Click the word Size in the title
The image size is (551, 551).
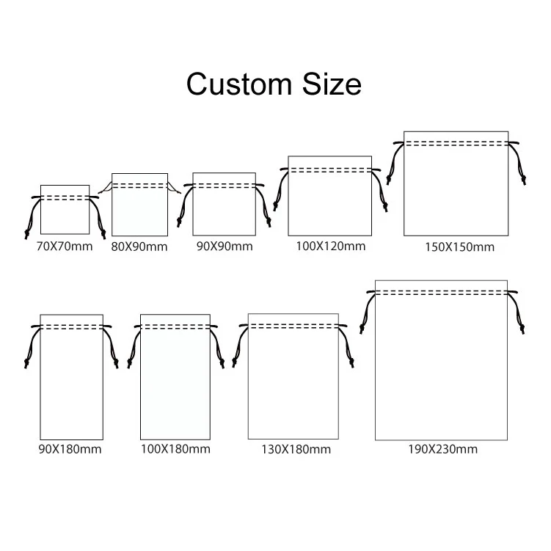click(329, 84)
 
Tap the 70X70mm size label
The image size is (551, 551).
click(65, 246)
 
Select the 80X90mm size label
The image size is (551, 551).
click(139, 247)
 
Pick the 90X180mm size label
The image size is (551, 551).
click(70, 448)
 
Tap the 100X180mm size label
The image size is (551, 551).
click(175, 448)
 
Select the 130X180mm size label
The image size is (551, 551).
click(296, 449)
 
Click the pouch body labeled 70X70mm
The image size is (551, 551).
click(65, 216)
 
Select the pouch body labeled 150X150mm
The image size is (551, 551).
click(456, 191)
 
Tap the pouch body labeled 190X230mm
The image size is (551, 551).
click(441, 367)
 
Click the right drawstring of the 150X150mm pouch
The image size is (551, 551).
click(521, 165)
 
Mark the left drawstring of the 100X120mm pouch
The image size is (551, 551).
click(279, 191)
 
